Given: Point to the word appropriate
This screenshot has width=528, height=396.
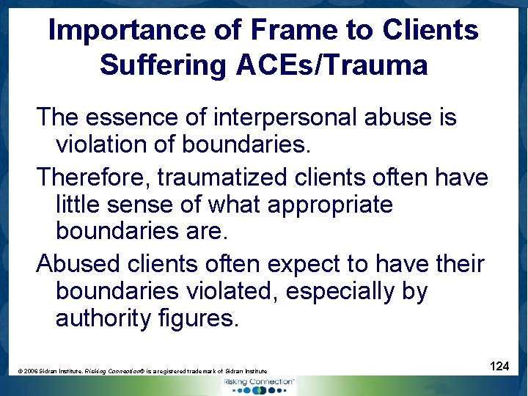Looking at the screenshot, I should [x=330, y=204].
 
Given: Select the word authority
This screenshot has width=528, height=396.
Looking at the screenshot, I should [x=104, y=319].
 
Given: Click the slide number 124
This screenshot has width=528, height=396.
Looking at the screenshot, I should [x=499, y=365].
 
